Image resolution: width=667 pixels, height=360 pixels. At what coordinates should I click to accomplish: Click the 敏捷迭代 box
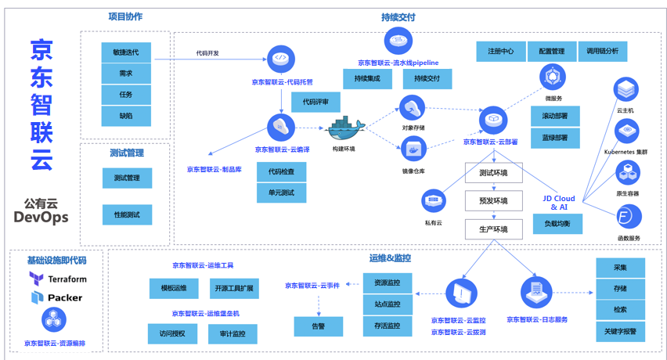pyautogui.click(x=126, y=52)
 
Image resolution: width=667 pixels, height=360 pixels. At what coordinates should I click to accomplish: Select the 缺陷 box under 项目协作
pyautogui.click(x=126, y=116)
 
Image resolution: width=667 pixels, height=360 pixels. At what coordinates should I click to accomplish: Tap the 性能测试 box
pyautogui.click(x=127, y=214)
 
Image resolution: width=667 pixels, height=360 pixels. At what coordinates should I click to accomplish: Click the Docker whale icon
pyautogui.click(x=344, y=128)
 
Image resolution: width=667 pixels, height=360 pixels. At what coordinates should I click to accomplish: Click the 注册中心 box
pyautogui.click(x=500, y=52)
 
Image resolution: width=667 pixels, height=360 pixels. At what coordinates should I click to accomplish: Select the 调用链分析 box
pyautogui.click(x=603, y=52)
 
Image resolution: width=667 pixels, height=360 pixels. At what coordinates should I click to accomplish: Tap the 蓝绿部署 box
pyautogui.click(x=554, y=137)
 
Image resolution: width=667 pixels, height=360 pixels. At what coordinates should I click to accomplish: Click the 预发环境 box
pyautogui.click(x=493, y=201)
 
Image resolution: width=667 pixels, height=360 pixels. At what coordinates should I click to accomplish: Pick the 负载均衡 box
pyautogui.click(x=557, y=224)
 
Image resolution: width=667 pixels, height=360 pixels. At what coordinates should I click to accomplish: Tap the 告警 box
pyautogui.click(x=318, y=326)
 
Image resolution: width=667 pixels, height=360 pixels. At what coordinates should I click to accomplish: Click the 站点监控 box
pyautogui.click(x=388, y=304)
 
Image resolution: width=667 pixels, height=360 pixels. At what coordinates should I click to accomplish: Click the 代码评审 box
pyautogui.click(x=315, y=102)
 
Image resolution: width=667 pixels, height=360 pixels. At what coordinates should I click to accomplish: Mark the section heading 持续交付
pyautogui.click(x=398, y=16)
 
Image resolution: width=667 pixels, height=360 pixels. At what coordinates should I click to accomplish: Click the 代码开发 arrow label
pyautogui.click(x=207, y=53)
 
